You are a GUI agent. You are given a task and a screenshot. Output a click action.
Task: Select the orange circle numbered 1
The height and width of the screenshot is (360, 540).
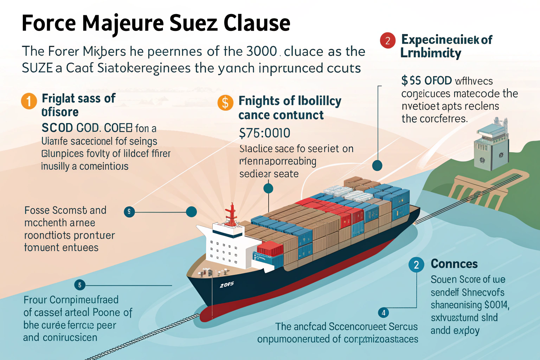29,101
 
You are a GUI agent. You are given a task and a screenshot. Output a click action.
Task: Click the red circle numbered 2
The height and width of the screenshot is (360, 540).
387,40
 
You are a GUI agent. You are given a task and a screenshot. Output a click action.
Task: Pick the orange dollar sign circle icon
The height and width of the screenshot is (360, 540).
225,103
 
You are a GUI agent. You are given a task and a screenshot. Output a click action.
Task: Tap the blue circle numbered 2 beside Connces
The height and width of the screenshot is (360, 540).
416,264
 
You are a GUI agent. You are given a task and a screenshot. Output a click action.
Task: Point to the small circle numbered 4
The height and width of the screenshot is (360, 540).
383,313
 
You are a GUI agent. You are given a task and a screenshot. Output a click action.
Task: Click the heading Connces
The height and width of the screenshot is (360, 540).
454,264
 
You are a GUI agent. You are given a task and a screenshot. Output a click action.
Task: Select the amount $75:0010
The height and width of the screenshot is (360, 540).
264,133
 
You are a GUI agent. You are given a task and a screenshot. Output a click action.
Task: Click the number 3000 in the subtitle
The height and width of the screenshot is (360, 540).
262,51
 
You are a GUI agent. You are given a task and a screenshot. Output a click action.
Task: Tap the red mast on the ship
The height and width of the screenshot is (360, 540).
231,214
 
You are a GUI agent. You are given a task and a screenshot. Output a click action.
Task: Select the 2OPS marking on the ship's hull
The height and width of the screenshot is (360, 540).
226,285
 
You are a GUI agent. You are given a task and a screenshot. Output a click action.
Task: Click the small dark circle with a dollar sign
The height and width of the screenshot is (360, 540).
129,212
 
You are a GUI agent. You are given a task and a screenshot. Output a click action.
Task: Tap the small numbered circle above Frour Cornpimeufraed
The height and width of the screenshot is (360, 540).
80,285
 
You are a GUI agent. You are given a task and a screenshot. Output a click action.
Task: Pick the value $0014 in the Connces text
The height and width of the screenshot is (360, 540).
496,305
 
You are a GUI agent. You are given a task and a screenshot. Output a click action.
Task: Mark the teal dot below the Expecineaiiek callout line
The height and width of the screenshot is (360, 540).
377,165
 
